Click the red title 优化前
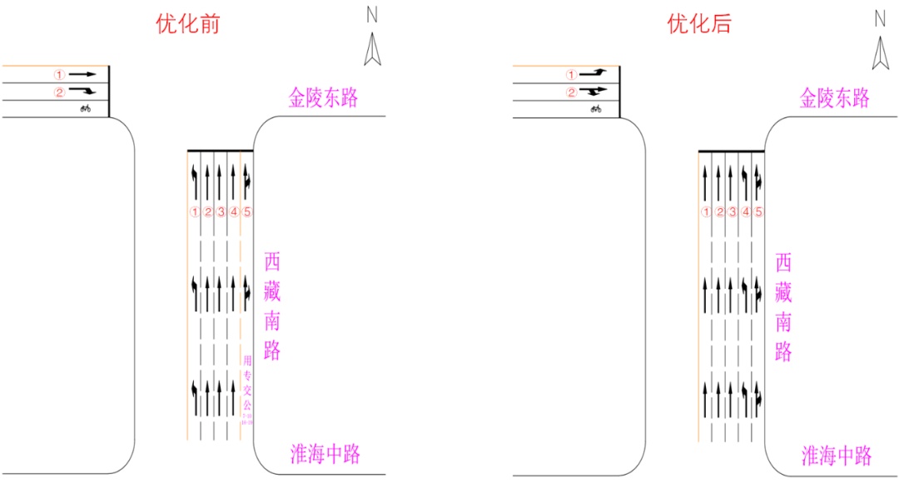pyautogui.click(x=187, y=24)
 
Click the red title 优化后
pyautogui.click(x=698, y=24)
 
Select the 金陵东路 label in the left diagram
pyautogui.click(x=323, y=98)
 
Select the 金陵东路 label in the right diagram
pyautogui.click(x=834, y=98)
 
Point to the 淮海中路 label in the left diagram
pyautogui.click(x=325, y=454)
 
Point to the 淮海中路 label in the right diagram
pyautogui.click(x=836, y=456)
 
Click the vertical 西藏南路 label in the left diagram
pyautogui.click(x=272, y=306)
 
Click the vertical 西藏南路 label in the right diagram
pyautogui.click(x=783, y=306)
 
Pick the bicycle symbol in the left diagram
pyautogui.click(x=85, y=108)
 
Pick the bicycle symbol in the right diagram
pyautogui.click(x=596, y=108)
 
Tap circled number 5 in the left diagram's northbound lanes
pyautogui.click(x=247, y=212)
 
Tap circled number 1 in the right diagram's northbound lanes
pyautogui.click(x=706, y=212)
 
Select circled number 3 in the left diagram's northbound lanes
pyautogui.click(x=221, y=212)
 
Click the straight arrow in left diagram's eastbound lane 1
pyautogui.click(x=82, y=74)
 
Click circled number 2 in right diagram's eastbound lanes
pyautogui.click(x=571, y=92)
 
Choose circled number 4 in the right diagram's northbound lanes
pyautogui.click(x=746, y=212)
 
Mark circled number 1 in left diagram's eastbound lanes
pyautogui.click(x=59, y=74)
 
